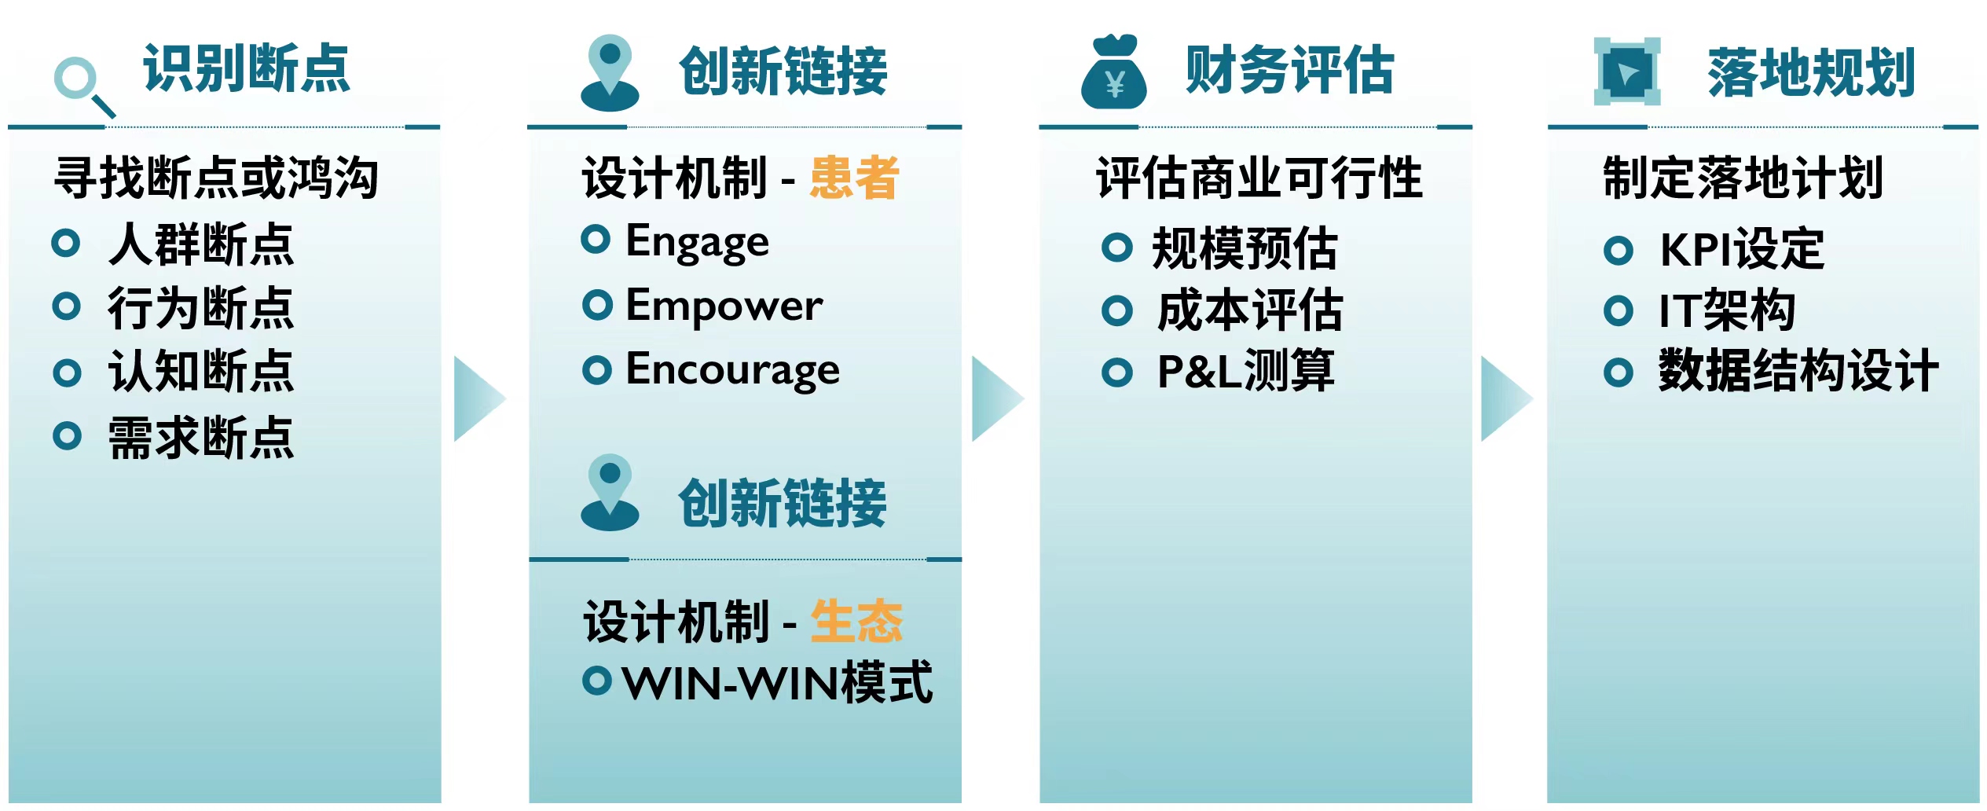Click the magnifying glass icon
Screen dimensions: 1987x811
82,86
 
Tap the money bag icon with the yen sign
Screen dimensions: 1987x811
1113,72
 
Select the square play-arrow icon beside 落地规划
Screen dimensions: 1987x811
1626,72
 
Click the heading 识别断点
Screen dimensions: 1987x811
246,69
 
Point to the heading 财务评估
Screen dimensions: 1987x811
1289,70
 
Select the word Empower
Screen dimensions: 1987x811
724,306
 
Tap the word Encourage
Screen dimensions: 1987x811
732,370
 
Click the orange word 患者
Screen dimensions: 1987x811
854,178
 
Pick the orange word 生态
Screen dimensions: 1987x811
856,621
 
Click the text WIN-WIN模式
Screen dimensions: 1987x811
777,682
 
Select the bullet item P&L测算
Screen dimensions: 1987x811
1245,370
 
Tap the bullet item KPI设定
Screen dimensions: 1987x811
1741,249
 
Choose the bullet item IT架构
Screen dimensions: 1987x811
1726,310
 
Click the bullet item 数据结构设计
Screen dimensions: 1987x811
1798,370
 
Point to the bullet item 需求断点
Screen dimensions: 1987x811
201,437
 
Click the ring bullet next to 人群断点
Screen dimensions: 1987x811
66,243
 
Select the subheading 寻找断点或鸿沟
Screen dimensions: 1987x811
217,178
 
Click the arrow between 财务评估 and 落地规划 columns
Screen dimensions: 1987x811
1506,399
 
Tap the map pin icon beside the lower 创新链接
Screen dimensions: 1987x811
610,493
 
